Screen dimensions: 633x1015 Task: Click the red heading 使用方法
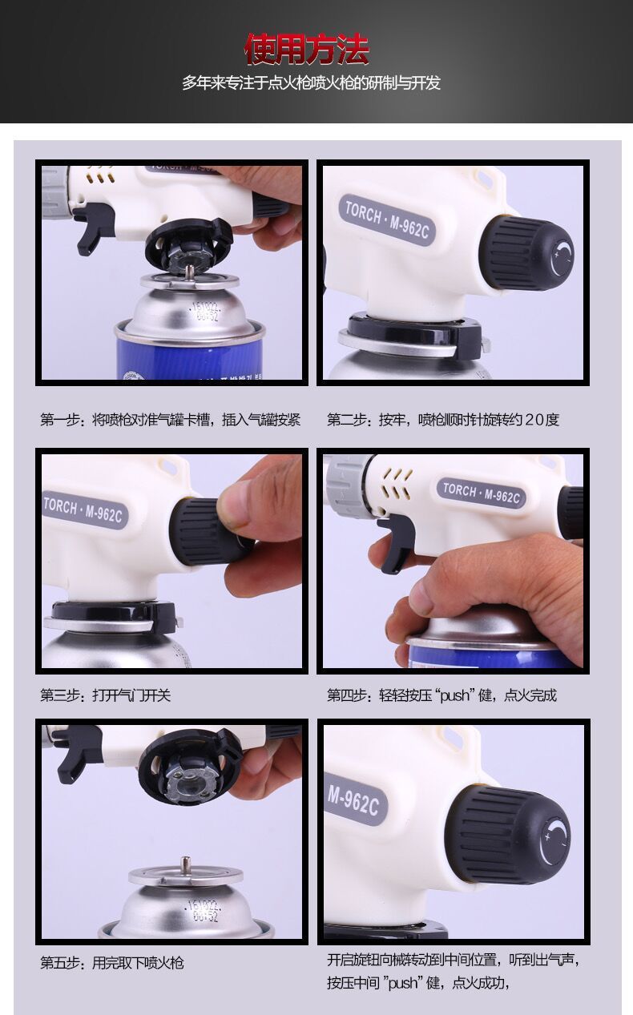(x=307, y=50)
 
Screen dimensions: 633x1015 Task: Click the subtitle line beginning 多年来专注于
(x=311, y=83)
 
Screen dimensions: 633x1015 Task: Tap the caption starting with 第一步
(x=171, y=420)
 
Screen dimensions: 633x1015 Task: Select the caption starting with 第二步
(x=443, y=420)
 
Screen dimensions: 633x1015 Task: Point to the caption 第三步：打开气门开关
(x=106, y=695)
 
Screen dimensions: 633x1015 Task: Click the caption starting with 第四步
(x=441, y=695)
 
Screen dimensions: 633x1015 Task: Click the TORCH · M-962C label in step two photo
(x=387, y=220)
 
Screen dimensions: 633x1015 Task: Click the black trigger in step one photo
(x=93, y=227)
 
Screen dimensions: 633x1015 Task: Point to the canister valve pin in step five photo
(x=185, y=864)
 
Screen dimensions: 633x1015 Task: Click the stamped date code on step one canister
(x=205, y=311)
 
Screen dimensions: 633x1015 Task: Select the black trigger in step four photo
(x=396, y=542)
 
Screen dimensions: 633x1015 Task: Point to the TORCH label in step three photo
(x=84, y=510)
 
